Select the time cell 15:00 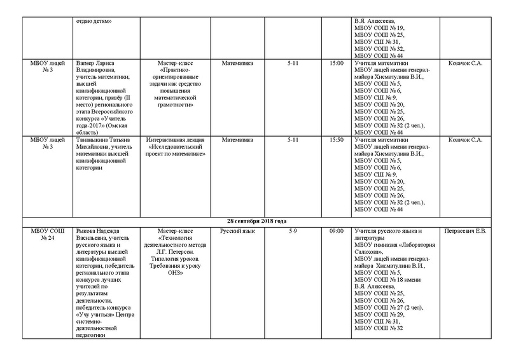pyautogui.click(x=337, y=64)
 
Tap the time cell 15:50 pyautogui.click(x=337, y=139)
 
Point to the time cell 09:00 pyautogui.click(x=337, y=230)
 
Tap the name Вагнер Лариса pyautogui.click(x=95, y=64)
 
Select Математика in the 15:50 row pyautogui.click(x=238, y=139)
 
